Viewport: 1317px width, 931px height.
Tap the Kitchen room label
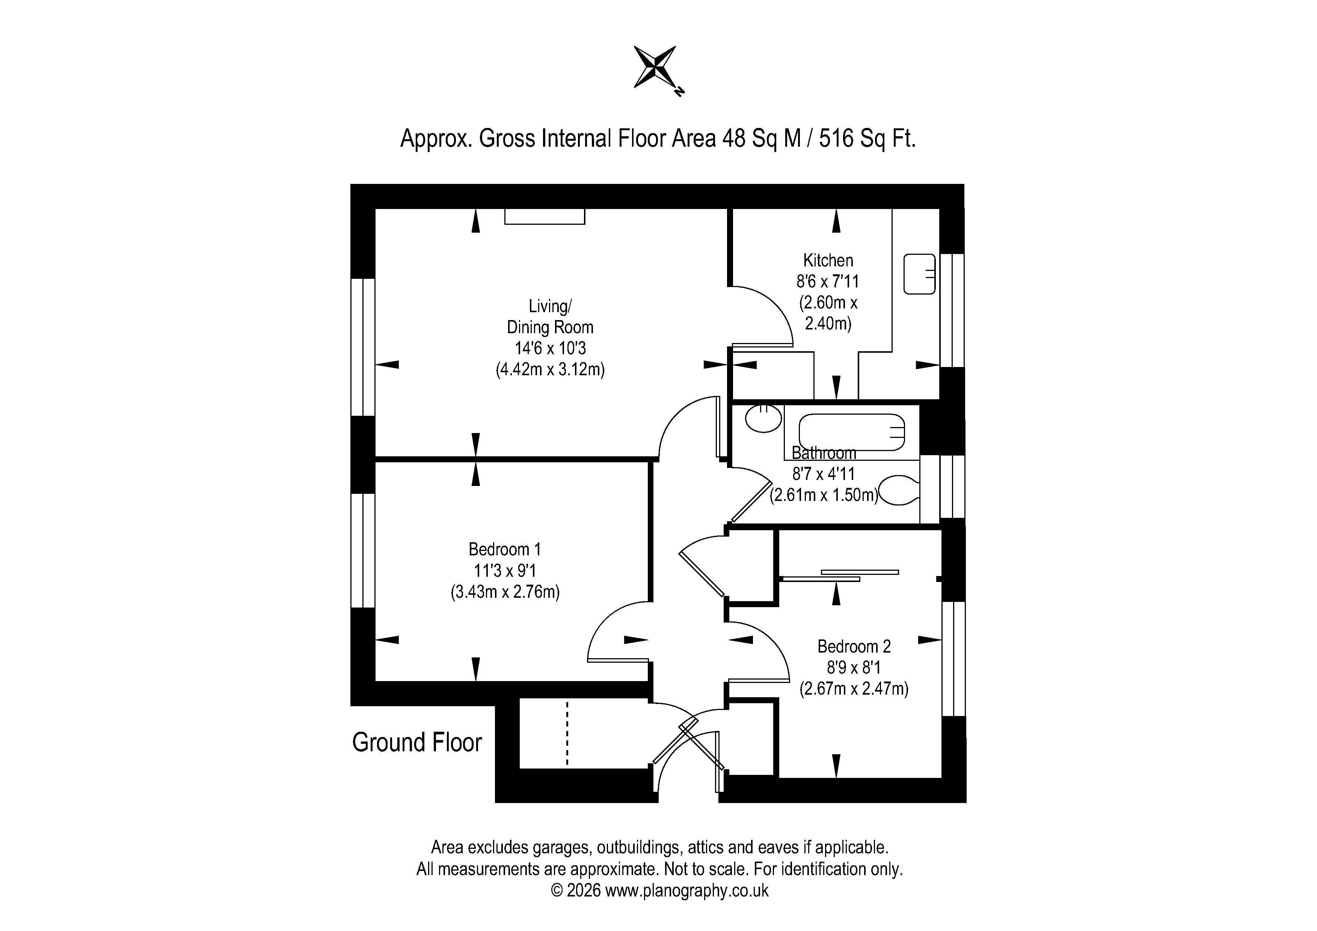point(828,260)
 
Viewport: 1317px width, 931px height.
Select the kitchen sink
point(919,274)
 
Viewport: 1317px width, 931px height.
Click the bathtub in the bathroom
point(852,432)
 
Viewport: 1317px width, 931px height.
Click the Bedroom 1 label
point(505,549)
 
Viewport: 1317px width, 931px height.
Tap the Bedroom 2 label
point(854,647)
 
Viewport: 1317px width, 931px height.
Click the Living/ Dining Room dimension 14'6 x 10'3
point(550,348)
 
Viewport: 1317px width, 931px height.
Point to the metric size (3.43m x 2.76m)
point(505,592)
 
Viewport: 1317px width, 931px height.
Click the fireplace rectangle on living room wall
point(545,216)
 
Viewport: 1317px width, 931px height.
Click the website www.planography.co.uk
point(686,890)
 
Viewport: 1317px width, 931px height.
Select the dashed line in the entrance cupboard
point(567,733)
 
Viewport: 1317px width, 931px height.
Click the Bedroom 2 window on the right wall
point(954,658)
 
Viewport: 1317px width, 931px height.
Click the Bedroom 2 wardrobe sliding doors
point(840,576)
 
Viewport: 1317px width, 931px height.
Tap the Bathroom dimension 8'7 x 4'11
point(824,474)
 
